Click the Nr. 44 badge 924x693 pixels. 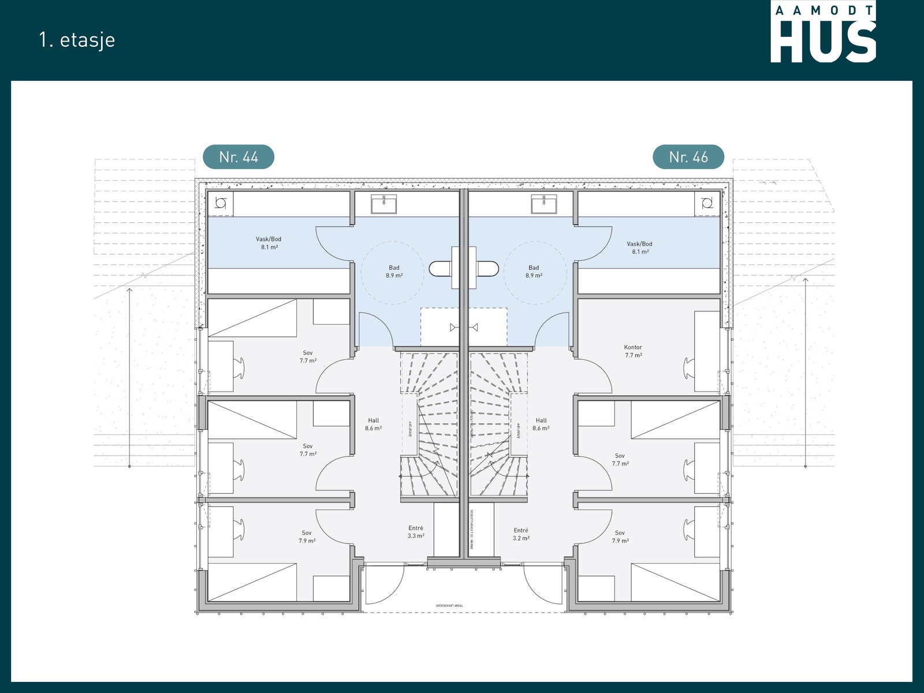pyautogui.click(x=239, y=157)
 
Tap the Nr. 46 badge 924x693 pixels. pyautogui.click(x=688, y=157)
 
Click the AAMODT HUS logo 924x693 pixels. pyautogui.click(x=823, y=32)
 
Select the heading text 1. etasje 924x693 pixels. pyautogui.click(x=77, y=40)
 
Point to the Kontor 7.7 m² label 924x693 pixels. pyautogui.click(x=633, y=352)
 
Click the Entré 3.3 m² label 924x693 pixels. pyautogui.click(x=416, y=532)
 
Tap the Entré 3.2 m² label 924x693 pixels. pyautogui.click(x=521, y=534)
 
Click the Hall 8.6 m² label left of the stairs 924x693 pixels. pyautogui.click(x=373, y=424)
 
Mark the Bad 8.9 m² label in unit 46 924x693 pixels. pyautogui.click(x=534, y=271)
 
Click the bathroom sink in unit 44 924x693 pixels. pyautogui.click(x=383, y=203)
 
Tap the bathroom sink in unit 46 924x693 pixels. pyautogui.click(x=544, y=203)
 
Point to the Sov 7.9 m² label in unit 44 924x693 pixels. pyautogui.click(x=307, y=537)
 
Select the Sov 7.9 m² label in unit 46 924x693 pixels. pyautogui.click(x=620, y=537)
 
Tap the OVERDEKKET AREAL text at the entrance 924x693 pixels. pyautogui.click(x=449, y=606)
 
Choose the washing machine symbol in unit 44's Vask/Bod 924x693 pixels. pyautogui.click(x=220, y=203)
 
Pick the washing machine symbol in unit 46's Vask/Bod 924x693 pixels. pyautogui.click(x=707, y=203)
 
